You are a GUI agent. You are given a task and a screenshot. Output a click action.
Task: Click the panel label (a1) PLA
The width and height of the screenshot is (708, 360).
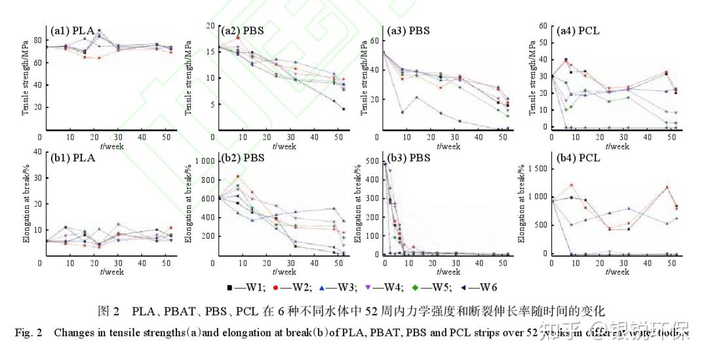tap(73, 31)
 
